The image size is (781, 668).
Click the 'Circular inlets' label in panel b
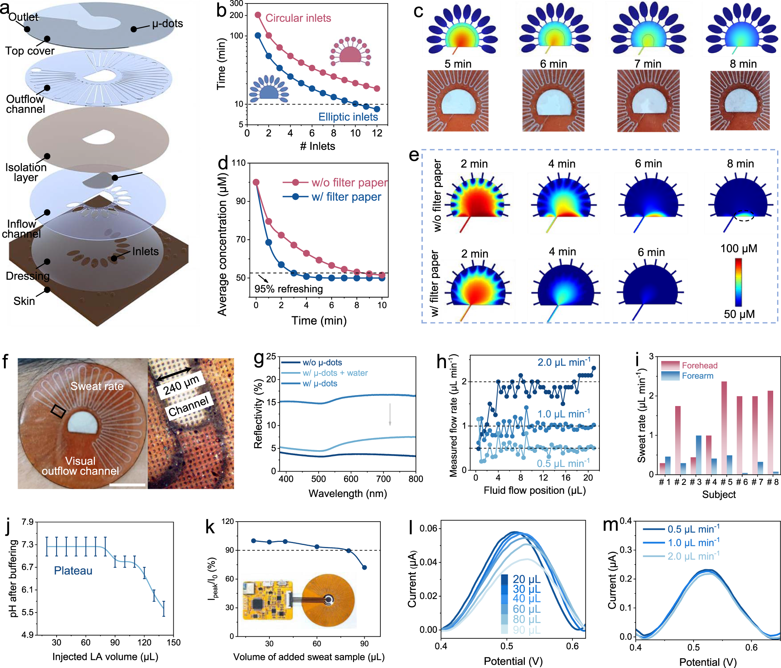(298, 18)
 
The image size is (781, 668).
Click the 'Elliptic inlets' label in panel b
(348, 117)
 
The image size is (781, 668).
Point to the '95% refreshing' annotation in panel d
(289, 289)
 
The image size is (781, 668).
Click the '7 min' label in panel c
(648, 64)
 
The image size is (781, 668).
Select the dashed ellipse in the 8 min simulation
(744, 216)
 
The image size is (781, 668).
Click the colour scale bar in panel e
(738, 281)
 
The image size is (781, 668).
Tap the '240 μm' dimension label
(181, 384)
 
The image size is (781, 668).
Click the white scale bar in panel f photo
(127, 485)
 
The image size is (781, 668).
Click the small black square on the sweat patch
(58, 411)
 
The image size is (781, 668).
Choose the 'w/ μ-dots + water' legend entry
(335, 373)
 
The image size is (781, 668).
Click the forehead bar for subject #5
(724, 428)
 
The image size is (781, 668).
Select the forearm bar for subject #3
(699, 455)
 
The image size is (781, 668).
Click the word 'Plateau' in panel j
(73, 571)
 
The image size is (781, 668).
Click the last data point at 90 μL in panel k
(364, 567)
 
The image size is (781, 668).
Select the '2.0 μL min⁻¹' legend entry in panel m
(693, 556)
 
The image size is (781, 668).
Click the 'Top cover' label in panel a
(30, 51)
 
